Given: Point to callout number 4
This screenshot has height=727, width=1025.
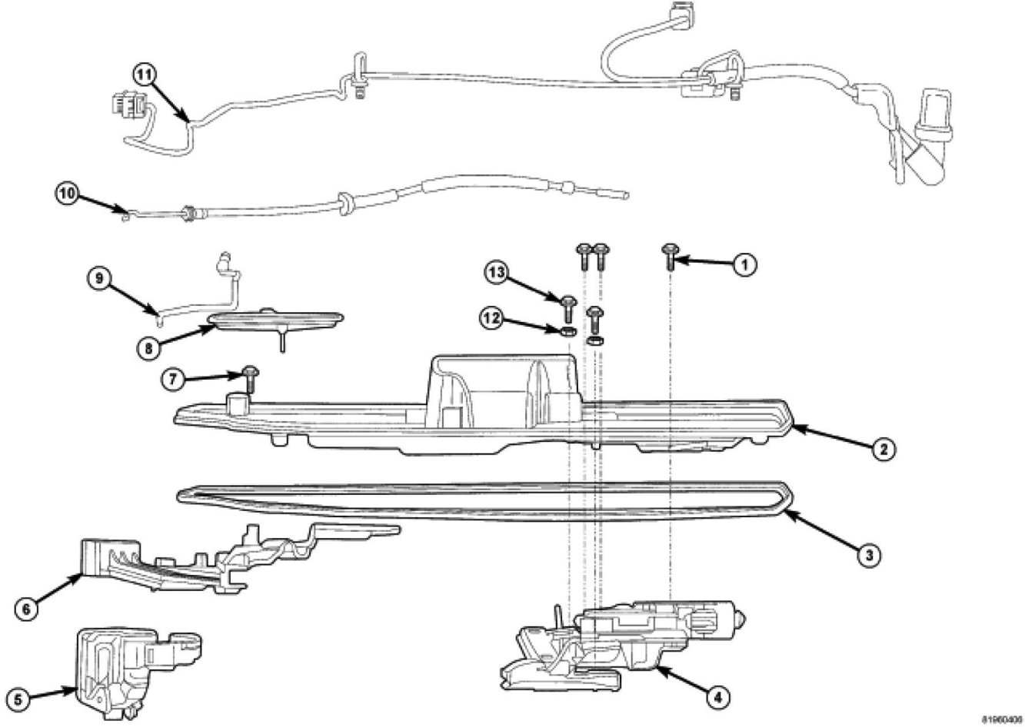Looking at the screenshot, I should pos(717,698).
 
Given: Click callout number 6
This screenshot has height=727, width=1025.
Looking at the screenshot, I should pos(27,608).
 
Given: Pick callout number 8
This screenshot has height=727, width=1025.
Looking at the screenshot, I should pos(150,347).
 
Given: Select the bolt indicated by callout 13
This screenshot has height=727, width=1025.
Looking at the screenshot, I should pos(568,308).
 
